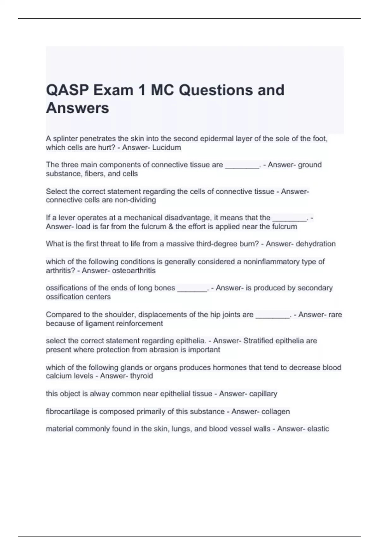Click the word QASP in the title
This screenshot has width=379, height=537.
67,90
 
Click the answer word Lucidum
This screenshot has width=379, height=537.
166,148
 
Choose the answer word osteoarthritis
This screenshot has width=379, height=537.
134,271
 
